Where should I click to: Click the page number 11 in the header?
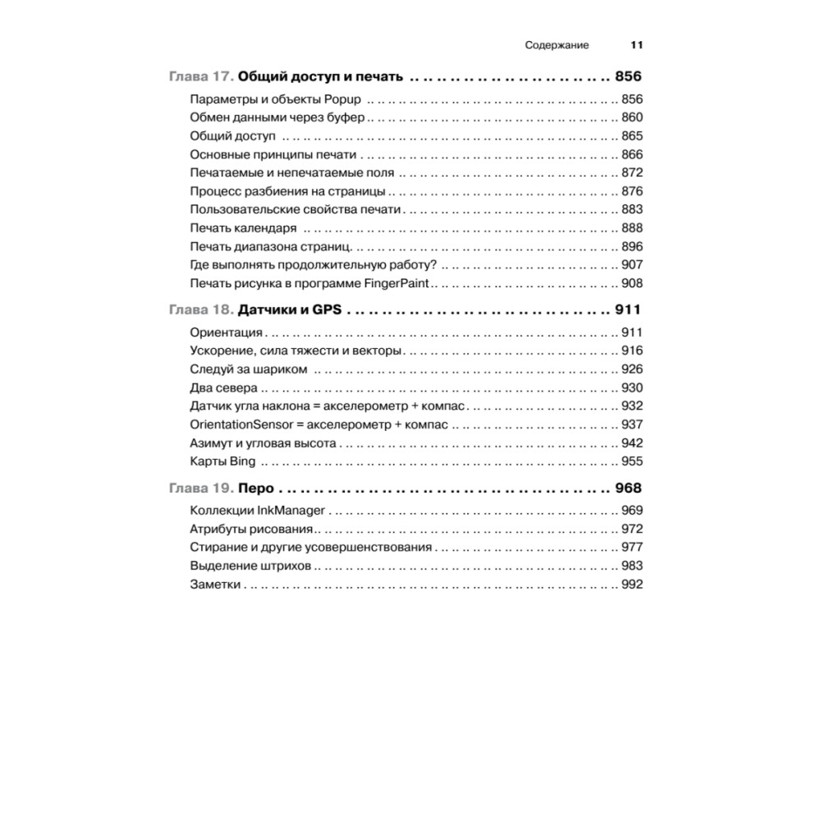(x=636, y=45)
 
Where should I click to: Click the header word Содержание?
(x=557, y=45)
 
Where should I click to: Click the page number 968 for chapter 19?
(x=628, y=487)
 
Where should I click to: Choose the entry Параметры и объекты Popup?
(x=276, y=99)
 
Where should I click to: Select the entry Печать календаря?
(x=243, y=228)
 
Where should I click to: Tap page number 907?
(x=631, y=264)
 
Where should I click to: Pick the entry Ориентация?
(x=226, y=333)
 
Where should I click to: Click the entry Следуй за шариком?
(x=248, y=369)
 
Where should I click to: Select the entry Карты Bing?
(x=222, y=461)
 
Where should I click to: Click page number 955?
(x=631, y=461)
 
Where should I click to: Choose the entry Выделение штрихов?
(x=250, y=566)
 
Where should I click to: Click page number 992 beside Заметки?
(x=631, y=585)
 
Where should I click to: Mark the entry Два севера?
(x=223, y=388)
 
